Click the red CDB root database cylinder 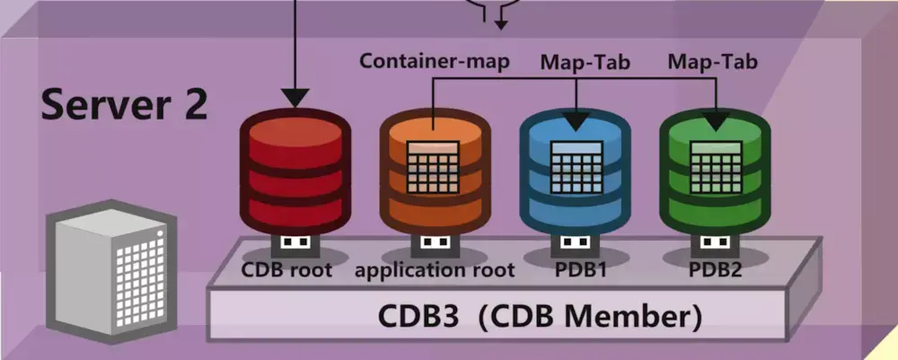[x=295, y=171]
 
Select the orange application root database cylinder [x=435, y=171]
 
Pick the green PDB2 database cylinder [x=715, y=171]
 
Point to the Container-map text [x=434, y=61]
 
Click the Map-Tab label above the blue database [x=585, y=62]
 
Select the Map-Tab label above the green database [x=712, y=61]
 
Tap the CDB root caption [x=286, y=269]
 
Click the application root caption [x=435, y=270]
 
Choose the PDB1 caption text [x=580, y=269]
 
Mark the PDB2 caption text [x=716, y=269]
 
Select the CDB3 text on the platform [x=418, y=317]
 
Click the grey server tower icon [x=111, y=271]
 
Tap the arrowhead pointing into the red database [x=295, y=98]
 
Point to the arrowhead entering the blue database [x=576, y=121]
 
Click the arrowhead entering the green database [x=716, y=121]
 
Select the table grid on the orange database [x=433, y=167]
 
